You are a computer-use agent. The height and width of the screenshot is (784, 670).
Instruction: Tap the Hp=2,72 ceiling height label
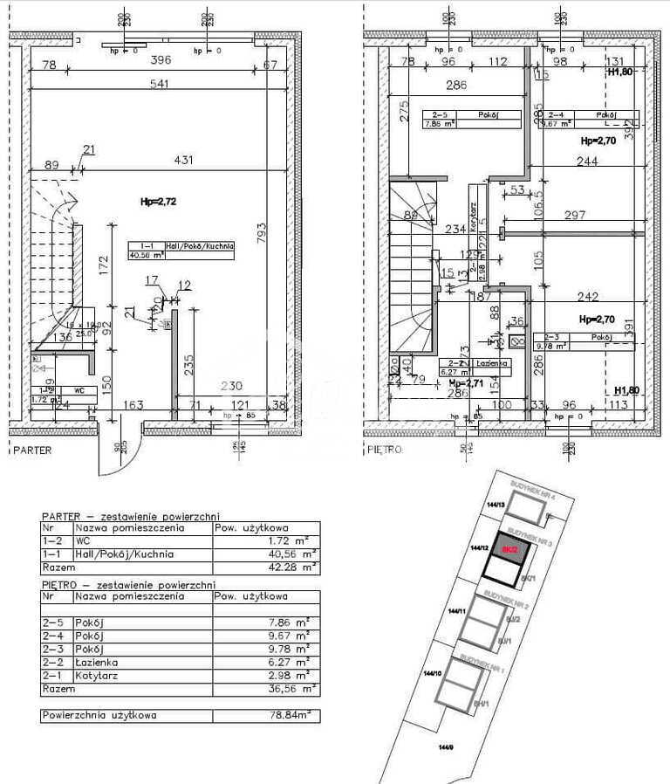(159, 202)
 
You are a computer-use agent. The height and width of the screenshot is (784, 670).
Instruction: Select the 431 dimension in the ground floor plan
(183, 160)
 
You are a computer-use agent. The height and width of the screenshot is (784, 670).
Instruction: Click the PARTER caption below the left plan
(32, 450)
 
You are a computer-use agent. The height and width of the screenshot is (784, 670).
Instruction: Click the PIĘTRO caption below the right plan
(384, 450)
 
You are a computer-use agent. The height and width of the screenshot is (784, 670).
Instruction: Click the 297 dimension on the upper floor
(575, 215)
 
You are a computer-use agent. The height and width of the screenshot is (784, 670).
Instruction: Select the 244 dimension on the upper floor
(585, 162)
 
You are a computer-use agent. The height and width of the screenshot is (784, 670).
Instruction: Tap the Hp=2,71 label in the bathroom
(466, 382)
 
